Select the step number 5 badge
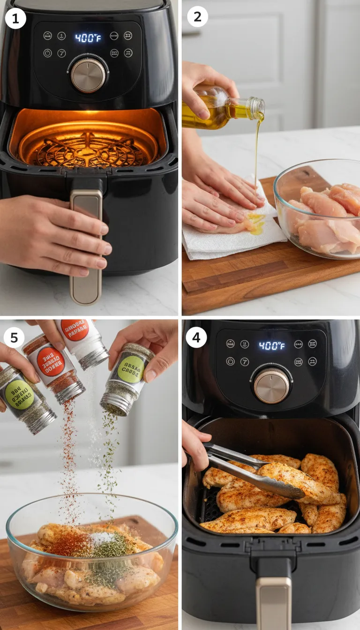point(14,337)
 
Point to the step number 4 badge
point(196,337)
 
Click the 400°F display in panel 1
point(88,37)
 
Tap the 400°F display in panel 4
point(271,346)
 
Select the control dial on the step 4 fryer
point(271,385)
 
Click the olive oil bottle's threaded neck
point(256,108)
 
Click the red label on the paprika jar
point(51,362)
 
